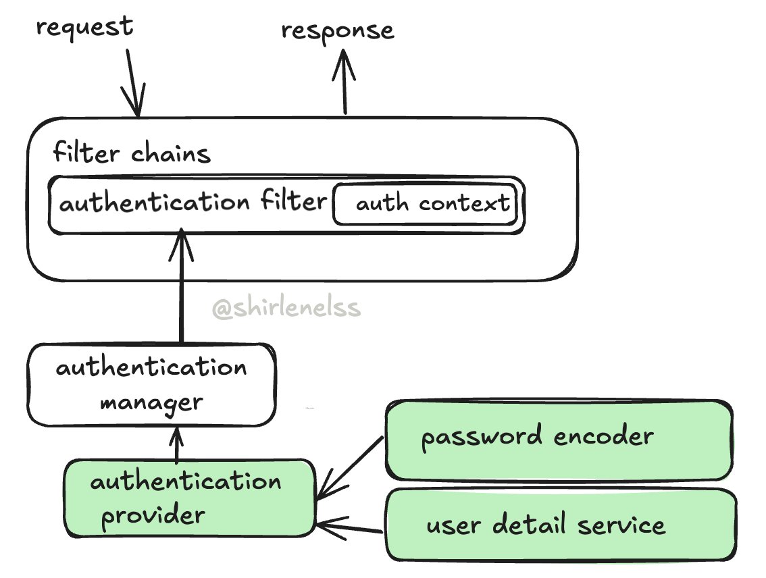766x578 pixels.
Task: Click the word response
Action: [x=337, y=30]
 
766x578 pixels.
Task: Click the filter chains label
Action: [x=132, y=154]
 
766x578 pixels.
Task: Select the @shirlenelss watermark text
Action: [x=286, y=309]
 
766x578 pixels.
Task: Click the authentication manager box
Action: [x=151, y=385]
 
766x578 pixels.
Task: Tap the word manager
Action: [x=151, y=403]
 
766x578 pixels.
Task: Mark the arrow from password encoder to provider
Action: [x=349, y=469]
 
